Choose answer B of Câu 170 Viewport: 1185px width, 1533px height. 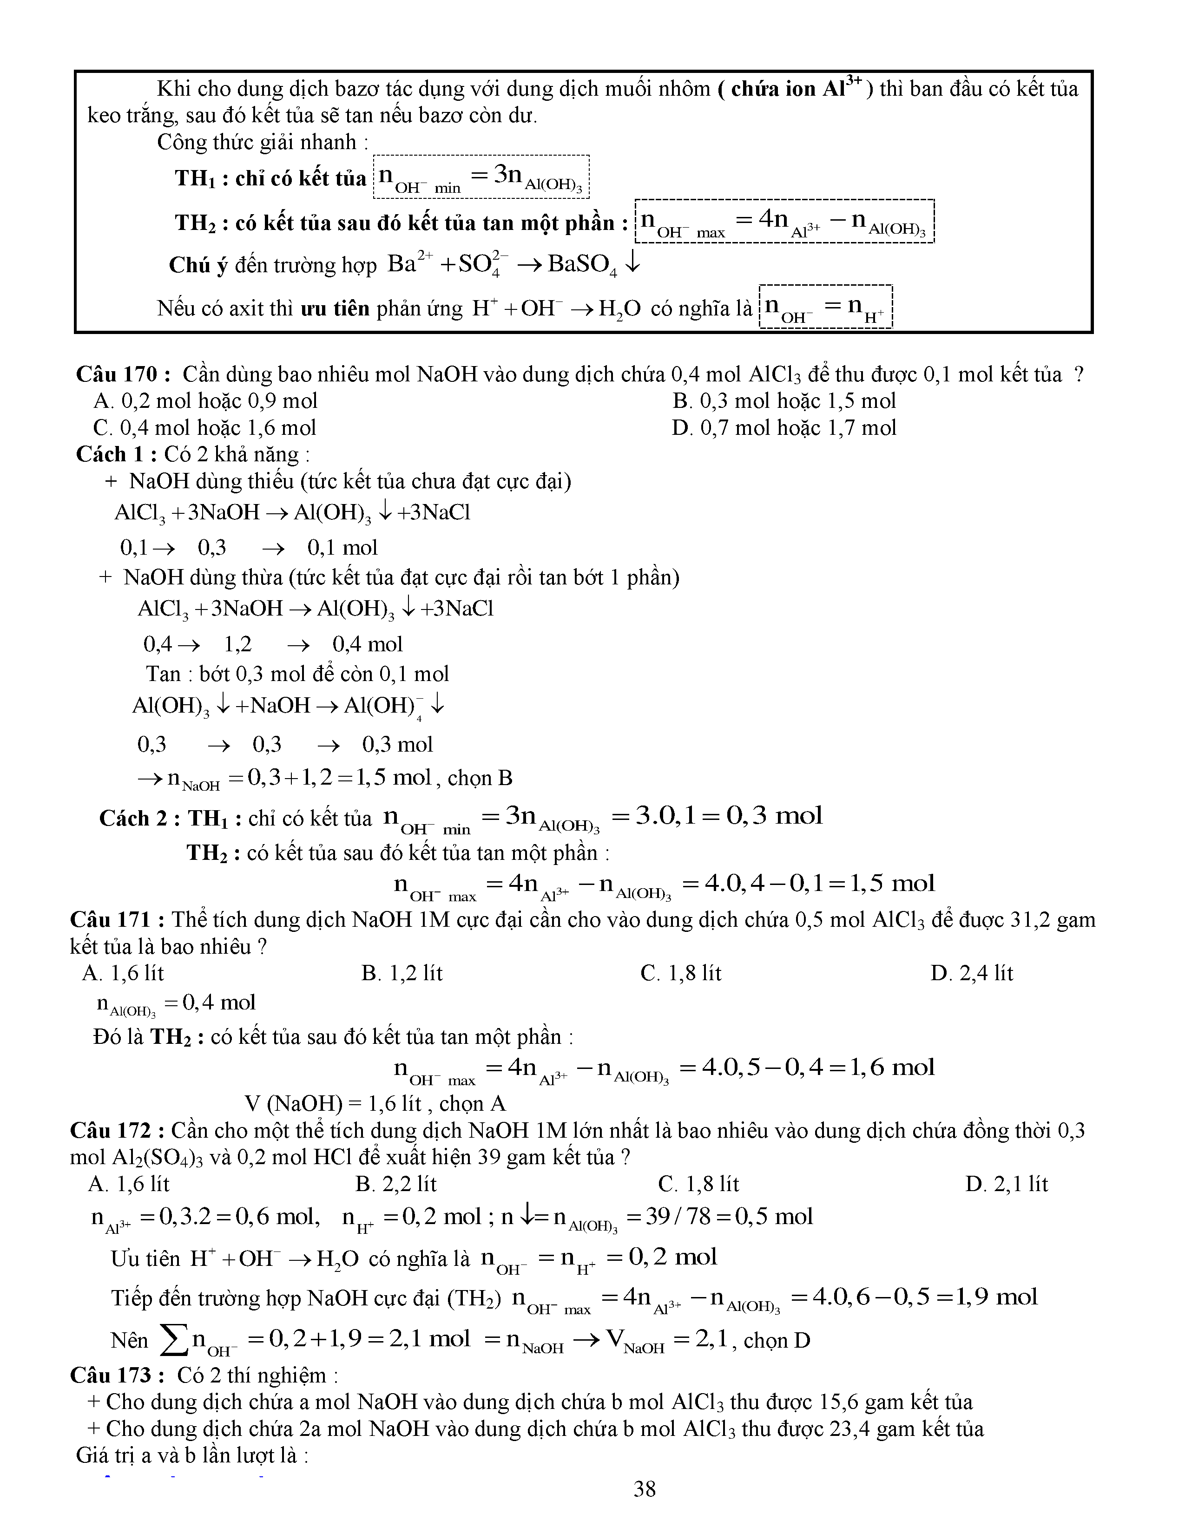pyautogui.click(x=783, y=401)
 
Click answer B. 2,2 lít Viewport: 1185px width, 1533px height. pyautogui.click(x=396, y=1184)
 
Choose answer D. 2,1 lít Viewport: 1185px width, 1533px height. pyautogui.click(x=1006, y=1184)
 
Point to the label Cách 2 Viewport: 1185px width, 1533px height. pyautogui.click(x=139, y=819)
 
